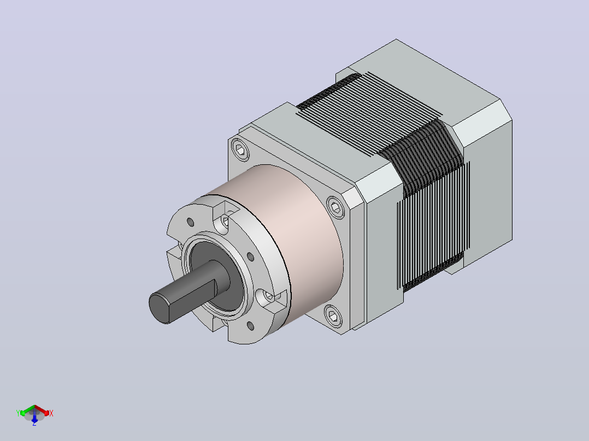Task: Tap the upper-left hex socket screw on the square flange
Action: coord(240,150)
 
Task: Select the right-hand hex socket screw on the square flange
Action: coord(336,207)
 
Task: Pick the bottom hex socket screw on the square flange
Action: coord(332,315)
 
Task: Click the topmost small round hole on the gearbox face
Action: coord(191,222)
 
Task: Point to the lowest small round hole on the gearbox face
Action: coord(251,326)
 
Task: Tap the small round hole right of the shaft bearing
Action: coord(251,257)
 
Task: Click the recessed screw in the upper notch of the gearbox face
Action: coord(225,221)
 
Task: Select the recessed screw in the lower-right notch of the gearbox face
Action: coord(269,296)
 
